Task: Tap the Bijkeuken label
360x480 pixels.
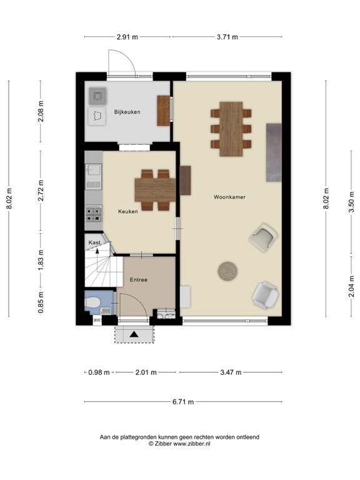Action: tap(127, 112)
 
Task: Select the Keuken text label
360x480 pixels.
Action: tap(127, 211)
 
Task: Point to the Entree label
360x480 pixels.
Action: tap(138, 279)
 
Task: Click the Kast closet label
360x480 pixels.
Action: tap(94, 242)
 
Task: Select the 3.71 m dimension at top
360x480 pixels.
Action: tap(226, 37)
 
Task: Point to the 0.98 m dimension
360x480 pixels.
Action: tap(99, 372)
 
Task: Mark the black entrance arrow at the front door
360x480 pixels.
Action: tap(134, 334)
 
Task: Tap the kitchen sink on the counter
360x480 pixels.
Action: tap(94, 171)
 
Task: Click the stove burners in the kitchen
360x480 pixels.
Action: tap(94, 214)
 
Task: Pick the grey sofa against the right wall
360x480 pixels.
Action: tap(274, 152)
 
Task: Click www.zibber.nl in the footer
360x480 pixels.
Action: tap(192, 443)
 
